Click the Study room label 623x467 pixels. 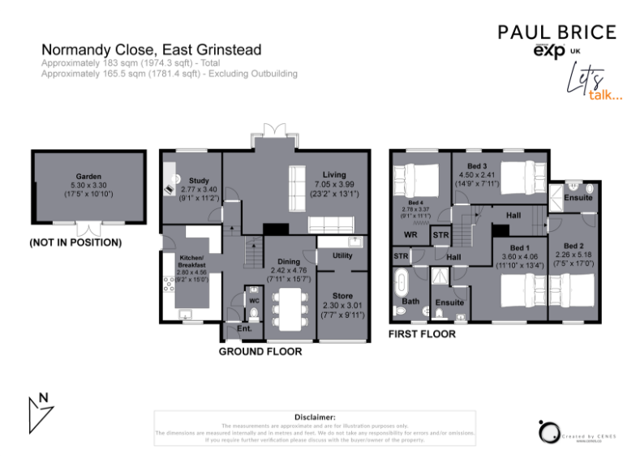pyautogui.click(x=199, y=180)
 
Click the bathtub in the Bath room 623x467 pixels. pyautogui.click(x=402, y=284)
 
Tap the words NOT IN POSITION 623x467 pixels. pyautogui.click(x=75, y=242)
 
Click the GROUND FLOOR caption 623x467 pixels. pyautogui.click(x=260, y=352)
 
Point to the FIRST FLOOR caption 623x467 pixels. pyautogui.click(x=422, y=334)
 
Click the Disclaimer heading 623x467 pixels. pyautogui.click(x=315, y=416)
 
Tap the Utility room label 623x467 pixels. pyautogui.click(x=342, y=256)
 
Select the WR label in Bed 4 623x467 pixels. pyautogui.click(x=410, y=235)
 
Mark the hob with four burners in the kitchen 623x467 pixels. pyautogui.click(x=170, y=284)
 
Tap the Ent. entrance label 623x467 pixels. pyautogui.click(x=242, y=329)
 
